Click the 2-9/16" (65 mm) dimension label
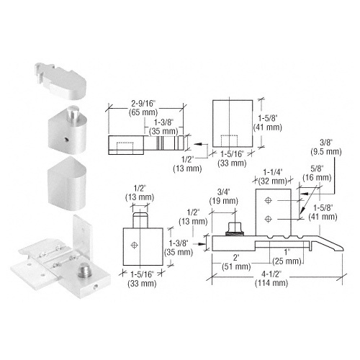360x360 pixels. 143,108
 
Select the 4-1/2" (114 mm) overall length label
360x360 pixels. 271,279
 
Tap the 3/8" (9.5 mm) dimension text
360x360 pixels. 326,147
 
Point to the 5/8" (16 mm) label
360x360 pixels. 317,173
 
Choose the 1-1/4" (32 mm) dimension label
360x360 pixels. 273,176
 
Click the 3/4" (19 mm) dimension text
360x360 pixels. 224,197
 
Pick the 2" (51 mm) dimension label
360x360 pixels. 236,262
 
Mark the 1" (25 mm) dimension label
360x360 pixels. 287,257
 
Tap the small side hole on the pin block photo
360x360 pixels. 66,139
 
